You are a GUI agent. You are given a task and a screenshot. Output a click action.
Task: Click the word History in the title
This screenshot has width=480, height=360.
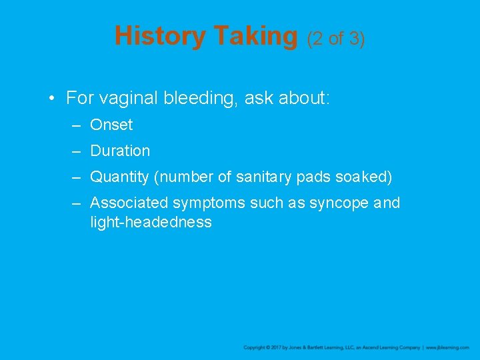pyautogui.click(x=161, y=36)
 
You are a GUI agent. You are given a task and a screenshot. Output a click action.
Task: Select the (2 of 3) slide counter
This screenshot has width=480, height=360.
pyautogui.click(x=335, y=39)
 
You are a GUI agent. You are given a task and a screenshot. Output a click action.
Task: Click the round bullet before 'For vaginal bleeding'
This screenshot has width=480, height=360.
pyautogui.click(x=51, y=99)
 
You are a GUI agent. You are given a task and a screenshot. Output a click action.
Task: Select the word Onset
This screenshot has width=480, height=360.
pyautogui.click(x=111, y=125)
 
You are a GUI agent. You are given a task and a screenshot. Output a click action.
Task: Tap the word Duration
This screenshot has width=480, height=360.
pyautogui.click(x=120, y=151)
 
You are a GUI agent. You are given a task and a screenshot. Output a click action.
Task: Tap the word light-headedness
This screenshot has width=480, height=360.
pyautogui.click(x=151, y=222)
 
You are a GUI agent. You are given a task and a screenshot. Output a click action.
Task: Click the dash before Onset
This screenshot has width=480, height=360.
pyautogui.click(x=77, y=125)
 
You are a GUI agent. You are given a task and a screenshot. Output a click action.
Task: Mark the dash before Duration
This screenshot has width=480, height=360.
pyautogui.click(x=77, y=151)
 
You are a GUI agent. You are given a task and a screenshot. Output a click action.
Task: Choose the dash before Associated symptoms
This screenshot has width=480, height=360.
pyautogui.click(x=77, y=203)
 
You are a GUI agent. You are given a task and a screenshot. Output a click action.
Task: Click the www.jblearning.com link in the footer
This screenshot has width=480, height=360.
pyautogui.click(x=447, y=347)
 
